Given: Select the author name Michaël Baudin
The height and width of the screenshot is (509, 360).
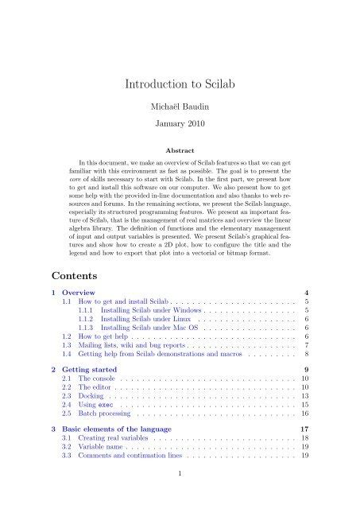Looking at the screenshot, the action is pos(180,106).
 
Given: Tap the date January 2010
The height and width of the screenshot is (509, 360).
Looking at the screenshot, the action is pos(180,125).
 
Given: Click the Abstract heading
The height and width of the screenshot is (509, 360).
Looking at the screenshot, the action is pos(180,149).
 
